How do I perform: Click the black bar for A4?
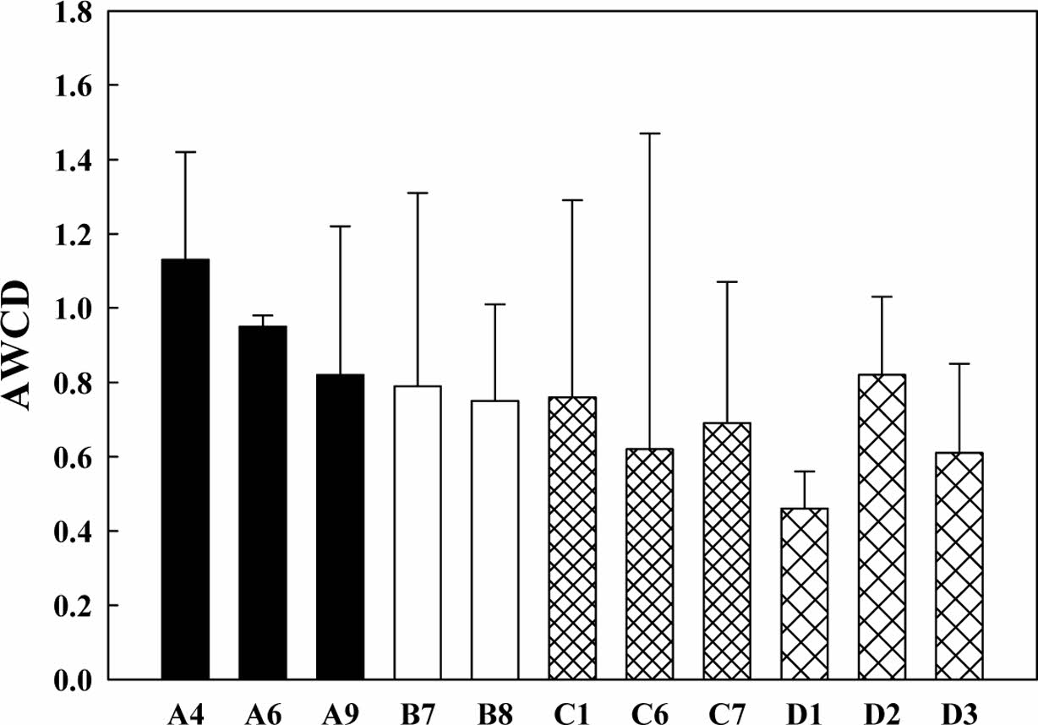(185, 469)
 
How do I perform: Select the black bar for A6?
(262, 503)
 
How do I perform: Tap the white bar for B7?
(418, 532)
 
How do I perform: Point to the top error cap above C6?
(650, 134)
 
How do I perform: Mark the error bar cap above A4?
(185, 152)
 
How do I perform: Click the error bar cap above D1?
(805, 472)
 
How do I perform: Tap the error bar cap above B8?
(495, 304)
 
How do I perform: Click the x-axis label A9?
(340, 712)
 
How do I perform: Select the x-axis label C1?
(572, 712)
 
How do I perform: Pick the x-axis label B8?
(495, 712)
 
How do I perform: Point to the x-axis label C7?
(728, 712)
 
